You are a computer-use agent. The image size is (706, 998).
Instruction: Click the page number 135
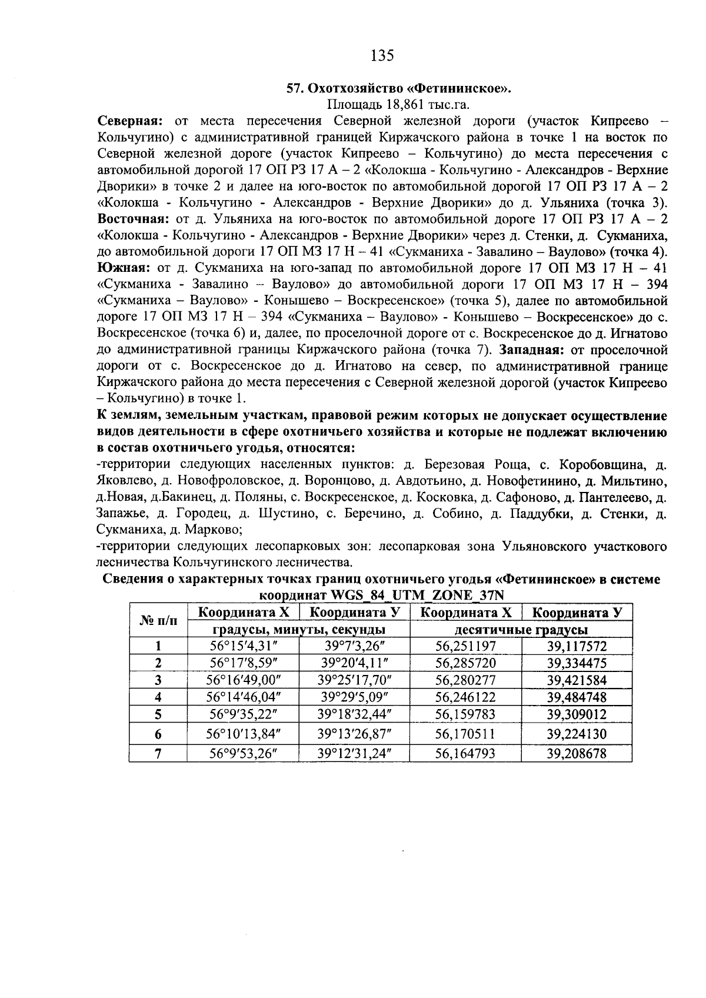click(x=382, y=56)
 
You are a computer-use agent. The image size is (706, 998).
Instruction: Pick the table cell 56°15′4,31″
click(x=243, y=646)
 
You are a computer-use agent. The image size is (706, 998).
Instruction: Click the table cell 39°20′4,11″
click(x=354, y=663)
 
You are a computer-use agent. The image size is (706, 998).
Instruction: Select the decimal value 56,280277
click(x=465, y=681)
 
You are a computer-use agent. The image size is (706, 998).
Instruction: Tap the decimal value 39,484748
click(x=576, y=698)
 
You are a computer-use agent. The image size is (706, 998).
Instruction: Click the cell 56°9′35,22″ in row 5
click(x=243, y=715)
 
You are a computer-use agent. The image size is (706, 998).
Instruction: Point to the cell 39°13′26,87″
click(x=354, y=734)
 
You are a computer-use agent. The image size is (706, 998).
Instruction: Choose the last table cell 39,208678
click(x=576, y=753)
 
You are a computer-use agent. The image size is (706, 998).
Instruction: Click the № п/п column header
click(x=158, y=621)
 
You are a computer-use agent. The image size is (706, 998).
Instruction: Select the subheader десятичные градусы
click(x=521, y=630)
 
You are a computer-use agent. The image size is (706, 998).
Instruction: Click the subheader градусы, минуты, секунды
click(x=298, y=630)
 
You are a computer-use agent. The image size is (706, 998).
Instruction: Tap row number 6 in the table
click(x=158, y=734)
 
